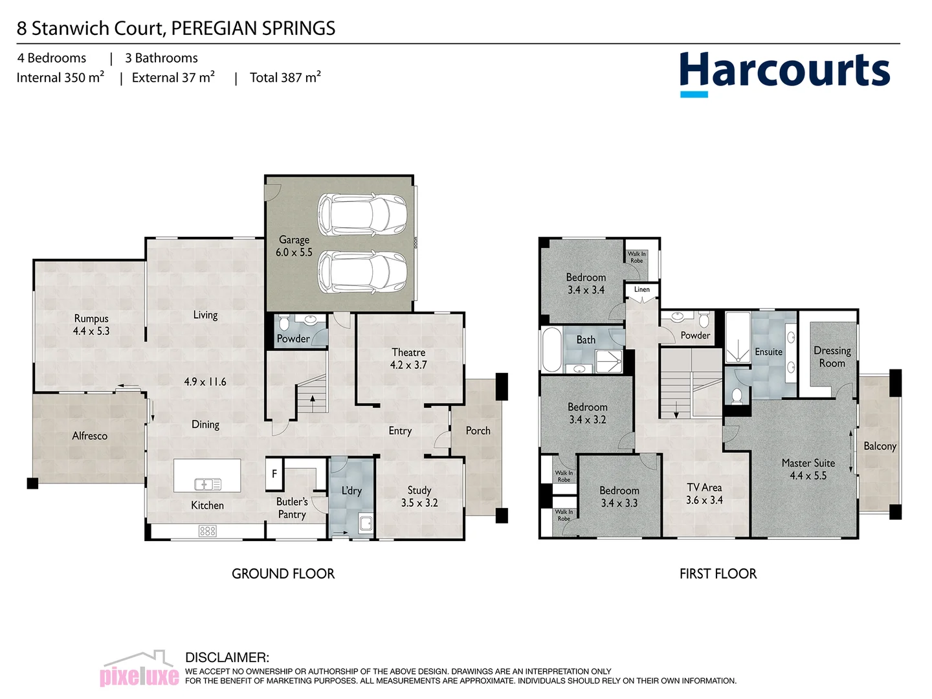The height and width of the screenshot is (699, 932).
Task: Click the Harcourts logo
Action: click(x=784, y=72)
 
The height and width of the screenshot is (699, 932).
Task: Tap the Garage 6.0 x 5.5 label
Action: click(x=294, y=246)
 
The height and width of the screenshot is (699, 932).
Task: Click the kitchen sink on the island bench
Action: click(x=207, y=483)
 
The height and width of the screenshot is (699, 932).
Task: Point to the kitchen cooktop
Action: click(x=207, y=531)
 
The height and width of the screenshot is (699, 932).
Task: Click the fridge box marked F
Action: click(x=274, y=474)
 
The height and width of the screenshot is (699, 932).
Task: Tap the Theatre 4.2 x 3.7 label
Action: click(x=408, y=359)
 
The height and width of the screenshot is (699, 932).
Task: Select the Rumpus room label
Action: click(x=91, y=324)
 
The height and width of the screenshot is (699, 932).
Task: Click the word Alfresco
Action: click(x=89, y=436)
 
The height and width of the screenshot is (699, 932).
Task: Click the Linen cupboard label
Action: click(x=641, y=289)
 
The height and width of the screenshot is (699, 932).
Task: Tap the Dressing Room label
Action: click(x=832, y=357)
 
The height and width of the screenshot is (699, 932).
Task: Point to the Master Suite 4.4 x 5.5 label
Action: click(x=808, y=469)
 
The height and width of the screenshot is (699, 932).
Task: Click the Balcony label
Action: click(x=880, y=446)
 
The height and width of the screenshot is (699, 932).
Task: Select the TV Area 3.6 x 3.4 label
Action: click(x=704, y=494)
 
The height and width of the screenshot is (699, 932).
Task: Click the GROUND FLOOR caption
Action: click(x=283, y=573)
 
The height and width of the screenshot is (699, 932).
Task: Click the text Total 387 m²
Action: click(x=285, y=78)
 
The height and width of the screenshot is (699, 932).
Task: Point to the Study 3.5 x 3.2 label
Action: click(x=419, y=496)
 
